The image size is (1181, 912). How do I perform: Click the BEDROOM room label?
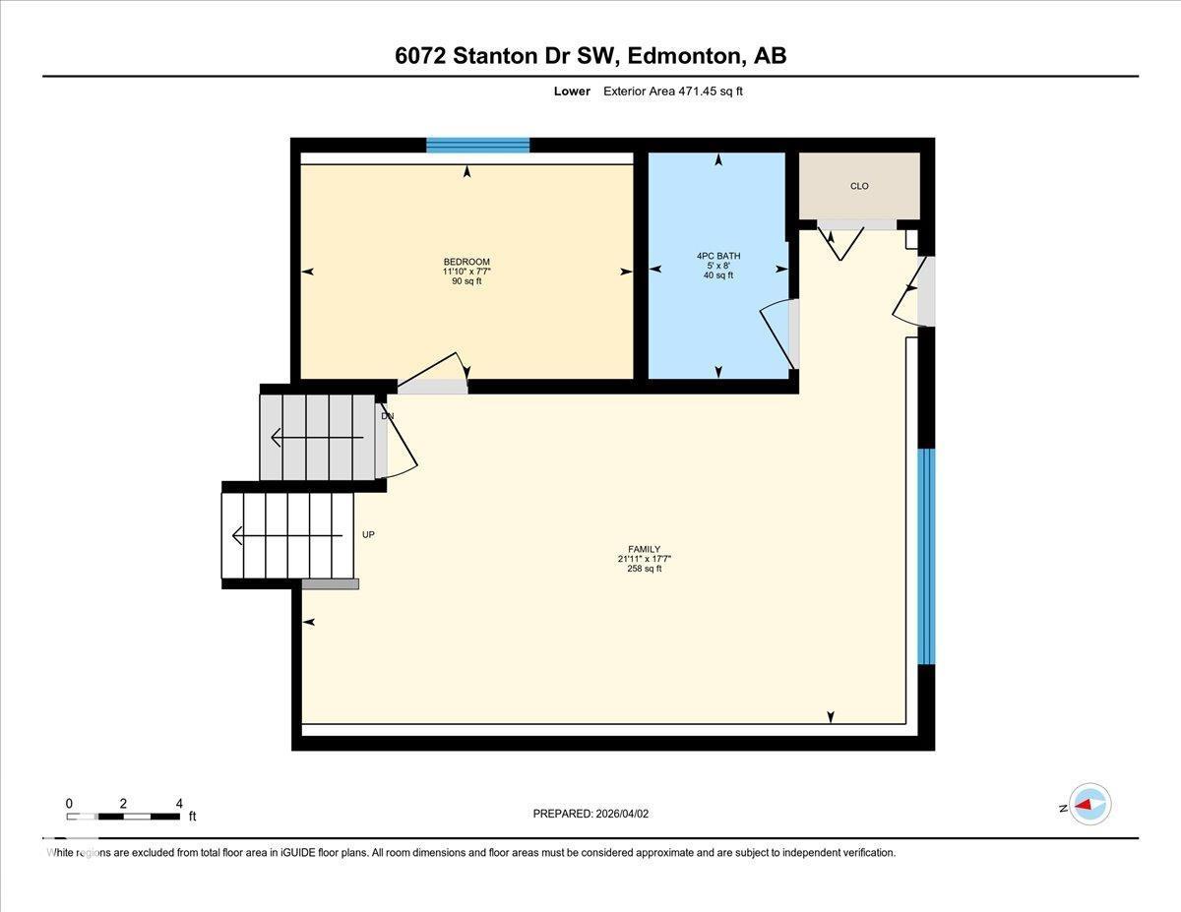point(466,262)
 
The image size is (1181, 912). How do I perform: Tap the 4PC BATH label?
point(717,256)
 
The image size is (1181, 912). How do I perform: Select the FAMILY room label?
point(644,549)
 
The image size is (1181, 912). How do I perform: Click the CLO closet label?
point(859,186)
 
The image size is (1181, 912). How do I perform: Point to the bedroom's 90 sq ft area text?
point(466,281)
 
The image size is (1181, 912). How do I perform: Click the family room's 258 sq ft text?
point(644,569)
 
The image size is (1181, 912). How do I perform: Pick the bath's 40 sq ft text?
point(717,275)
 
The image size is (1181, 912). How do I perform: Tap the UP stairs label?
point(368,535)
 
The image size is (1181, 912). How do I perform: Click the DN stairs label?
point(387,416)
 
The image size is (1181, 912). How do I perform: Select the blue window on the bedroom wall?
point(477,146)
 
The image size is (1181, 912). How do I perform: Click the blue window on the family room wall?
point(925,556)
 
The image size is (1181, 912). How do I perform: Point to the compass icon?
point(1089,805)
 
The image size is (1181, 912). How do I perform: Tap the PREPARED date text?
point(590,814)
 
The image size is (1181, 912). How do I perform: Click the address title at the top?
point(590,56)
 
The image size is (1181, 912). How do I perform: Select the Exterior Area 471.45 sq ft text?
point(679,91)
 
